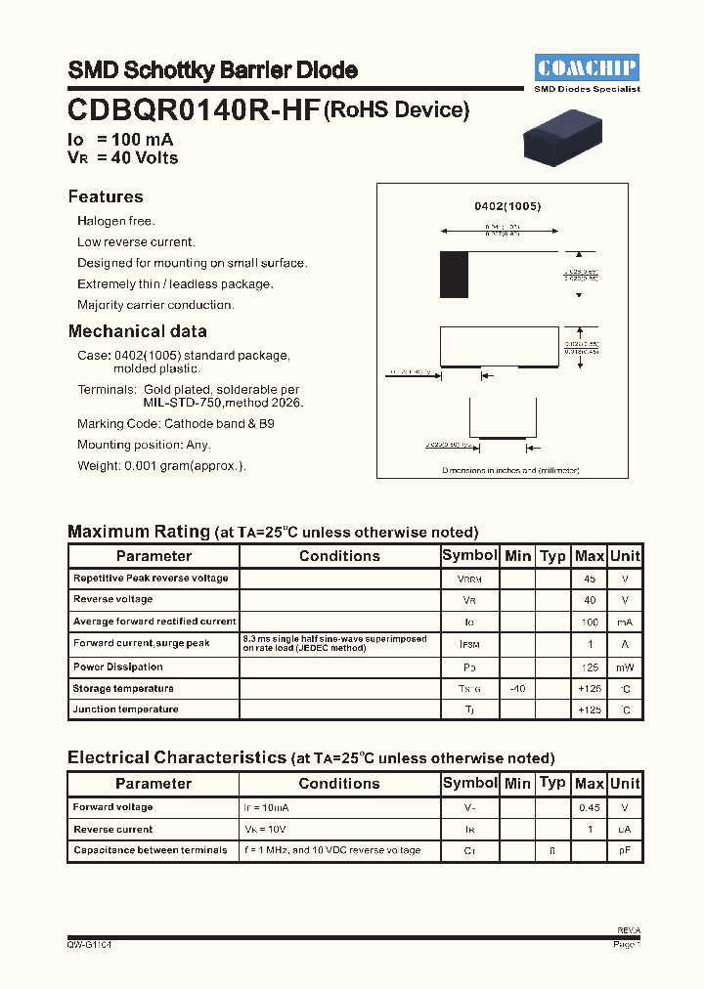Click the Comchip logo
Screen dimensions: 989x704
pyautogui.click(x=588, y=67)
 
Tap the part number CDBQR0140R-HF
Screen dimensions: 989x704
pyautogui.click(x=194, y=110)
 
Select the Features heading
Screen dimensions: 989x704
pyautogui.click(x=106, y=196)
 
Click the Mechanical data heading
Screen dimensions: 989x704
pyautogui.click(x=137, y=331)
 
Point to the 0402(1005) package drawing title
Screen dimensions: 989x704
pyautogui.click(x=507, y=207)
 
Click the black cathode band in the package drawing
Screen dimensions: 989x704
pyautogui.click(x=454, y=275)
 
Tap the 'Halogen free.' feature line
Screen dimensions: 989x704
pyautogui.click(x=116, y=222)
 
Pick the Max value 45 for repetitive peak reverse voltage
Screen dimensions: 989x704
pyautogui.click(x=590, y=579)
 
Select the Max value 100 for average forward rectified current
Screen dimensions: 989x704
pyautogui.click(x=590, y=622)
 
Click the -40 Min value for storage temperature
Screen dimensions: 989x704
pyautogui.click(x=517, y=689)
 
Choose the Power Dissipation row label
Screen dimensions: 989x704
pyautogui.click(x=118, y=666)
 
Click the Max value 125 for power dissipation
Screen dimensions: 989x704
pyautogui.click(x=590, y=667)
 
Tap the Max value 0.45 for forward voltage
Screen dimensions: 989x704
pyautogui.click(x=590, y=808)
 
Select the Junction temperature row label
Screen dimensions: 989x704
pyautogui.click(x=125, y=709)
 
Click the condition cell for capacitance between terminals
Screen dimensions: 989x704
pyautogui.click(x=332, y=850)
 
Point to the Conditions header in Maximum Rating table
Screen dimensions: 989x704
pyautogui.click(x=339, y=556)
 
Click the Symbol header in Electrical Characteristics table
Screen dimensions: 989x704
pyautogui.click(x=470, y=783)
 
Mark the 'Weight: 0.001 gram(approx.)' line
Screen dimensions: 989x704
pyautogui.click(x=162, y=466)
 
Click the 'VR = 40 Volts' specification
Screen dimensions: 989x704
pyautogui.click(x=123, y=157)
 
